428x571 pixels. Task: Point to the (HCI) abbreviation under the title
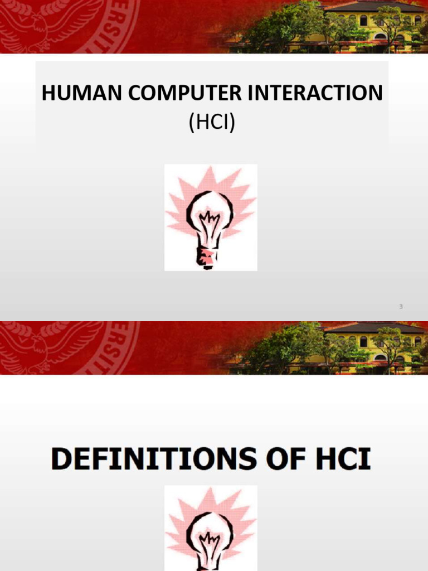pos(212,122)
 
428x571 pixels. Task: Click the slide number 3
pos(401,306)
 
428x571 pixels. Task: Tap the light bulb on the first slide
pos(210,217)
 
